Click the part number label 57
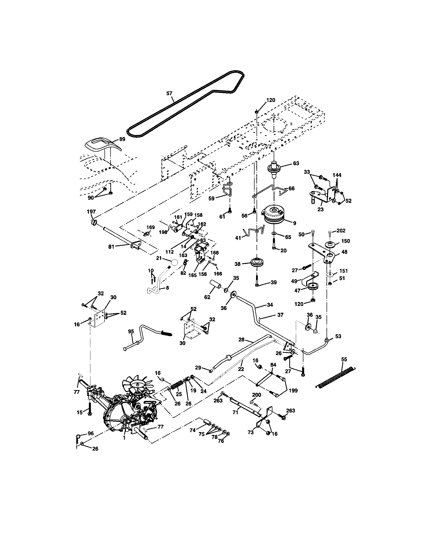click(169, 93)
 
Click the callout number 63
click(296, 163)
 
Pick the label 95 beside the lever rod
click(131, 331)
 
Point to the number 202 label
click(341, 231)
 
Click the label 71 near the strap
click(235, 413)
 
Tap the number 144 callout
click(337, 175)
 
